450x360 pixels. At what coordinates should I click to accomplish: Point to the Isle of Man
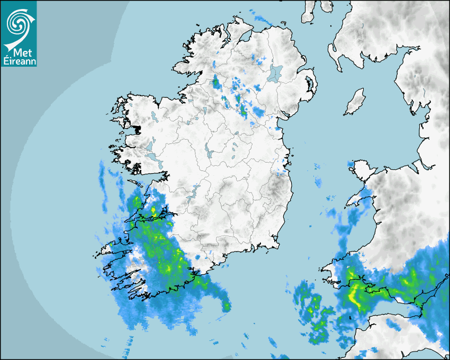coord(355,102)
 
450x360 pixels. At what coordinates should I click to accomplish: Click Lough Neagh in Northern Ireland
coord(275,73)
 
